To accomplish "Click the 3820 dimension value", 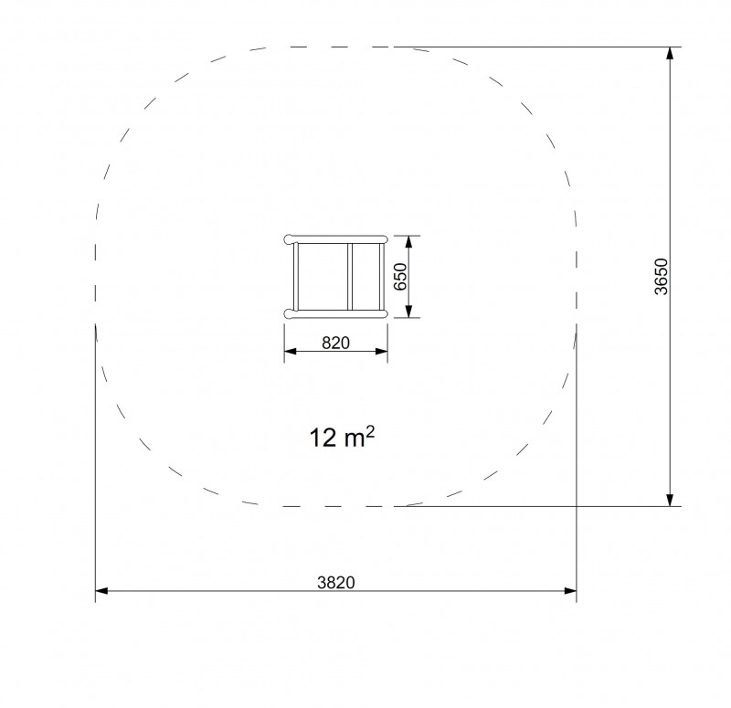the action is [335, 582].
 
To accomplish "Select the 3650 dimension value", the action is [661, 277].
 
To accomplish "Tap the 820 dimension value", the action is [335, 343].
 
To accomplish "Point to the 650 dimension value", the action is [400, 277].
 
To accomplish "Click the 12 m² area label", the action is [342, 438].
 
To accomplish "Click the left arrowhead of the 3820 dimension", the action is [101, 591].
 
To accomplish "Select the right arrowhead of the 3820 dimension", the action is [570, 591].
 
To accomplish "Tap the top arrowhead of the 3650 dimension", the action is [670, 53].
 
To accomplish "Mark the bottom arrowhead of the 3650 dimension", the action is [670, 500].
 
